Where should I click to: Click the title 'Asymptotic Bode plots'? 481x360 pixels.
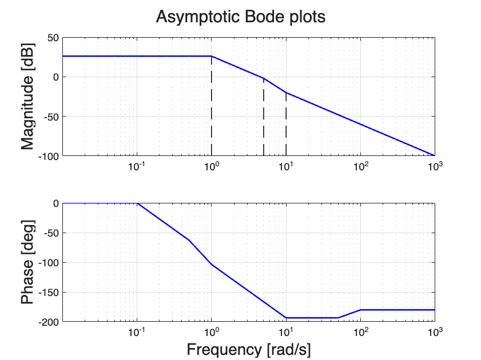click(241, 17)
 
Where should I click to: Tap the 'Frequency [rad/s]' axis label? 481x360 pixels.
click(249, 349)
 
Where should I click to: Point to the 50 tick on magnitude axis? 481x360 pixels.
click(52, 38)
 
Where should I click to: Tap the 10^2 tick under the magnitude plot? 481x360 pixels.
click(360, 166)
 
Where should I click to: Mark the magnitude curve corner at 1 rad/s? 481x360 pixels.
click(212, 56)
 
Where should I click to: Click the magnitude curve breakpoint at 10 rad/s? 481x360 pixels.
click(286, 93)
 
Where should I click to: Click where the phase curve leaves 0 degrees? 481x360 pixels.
click(137, 203)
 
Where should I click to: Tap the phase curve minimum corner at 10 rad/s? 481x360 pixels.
click(286, 318)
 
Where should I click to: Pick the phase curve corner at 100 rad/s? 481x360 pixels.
click(360, 310)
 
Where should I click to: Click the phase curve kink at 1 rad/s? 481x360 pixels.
click(212, 264)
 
